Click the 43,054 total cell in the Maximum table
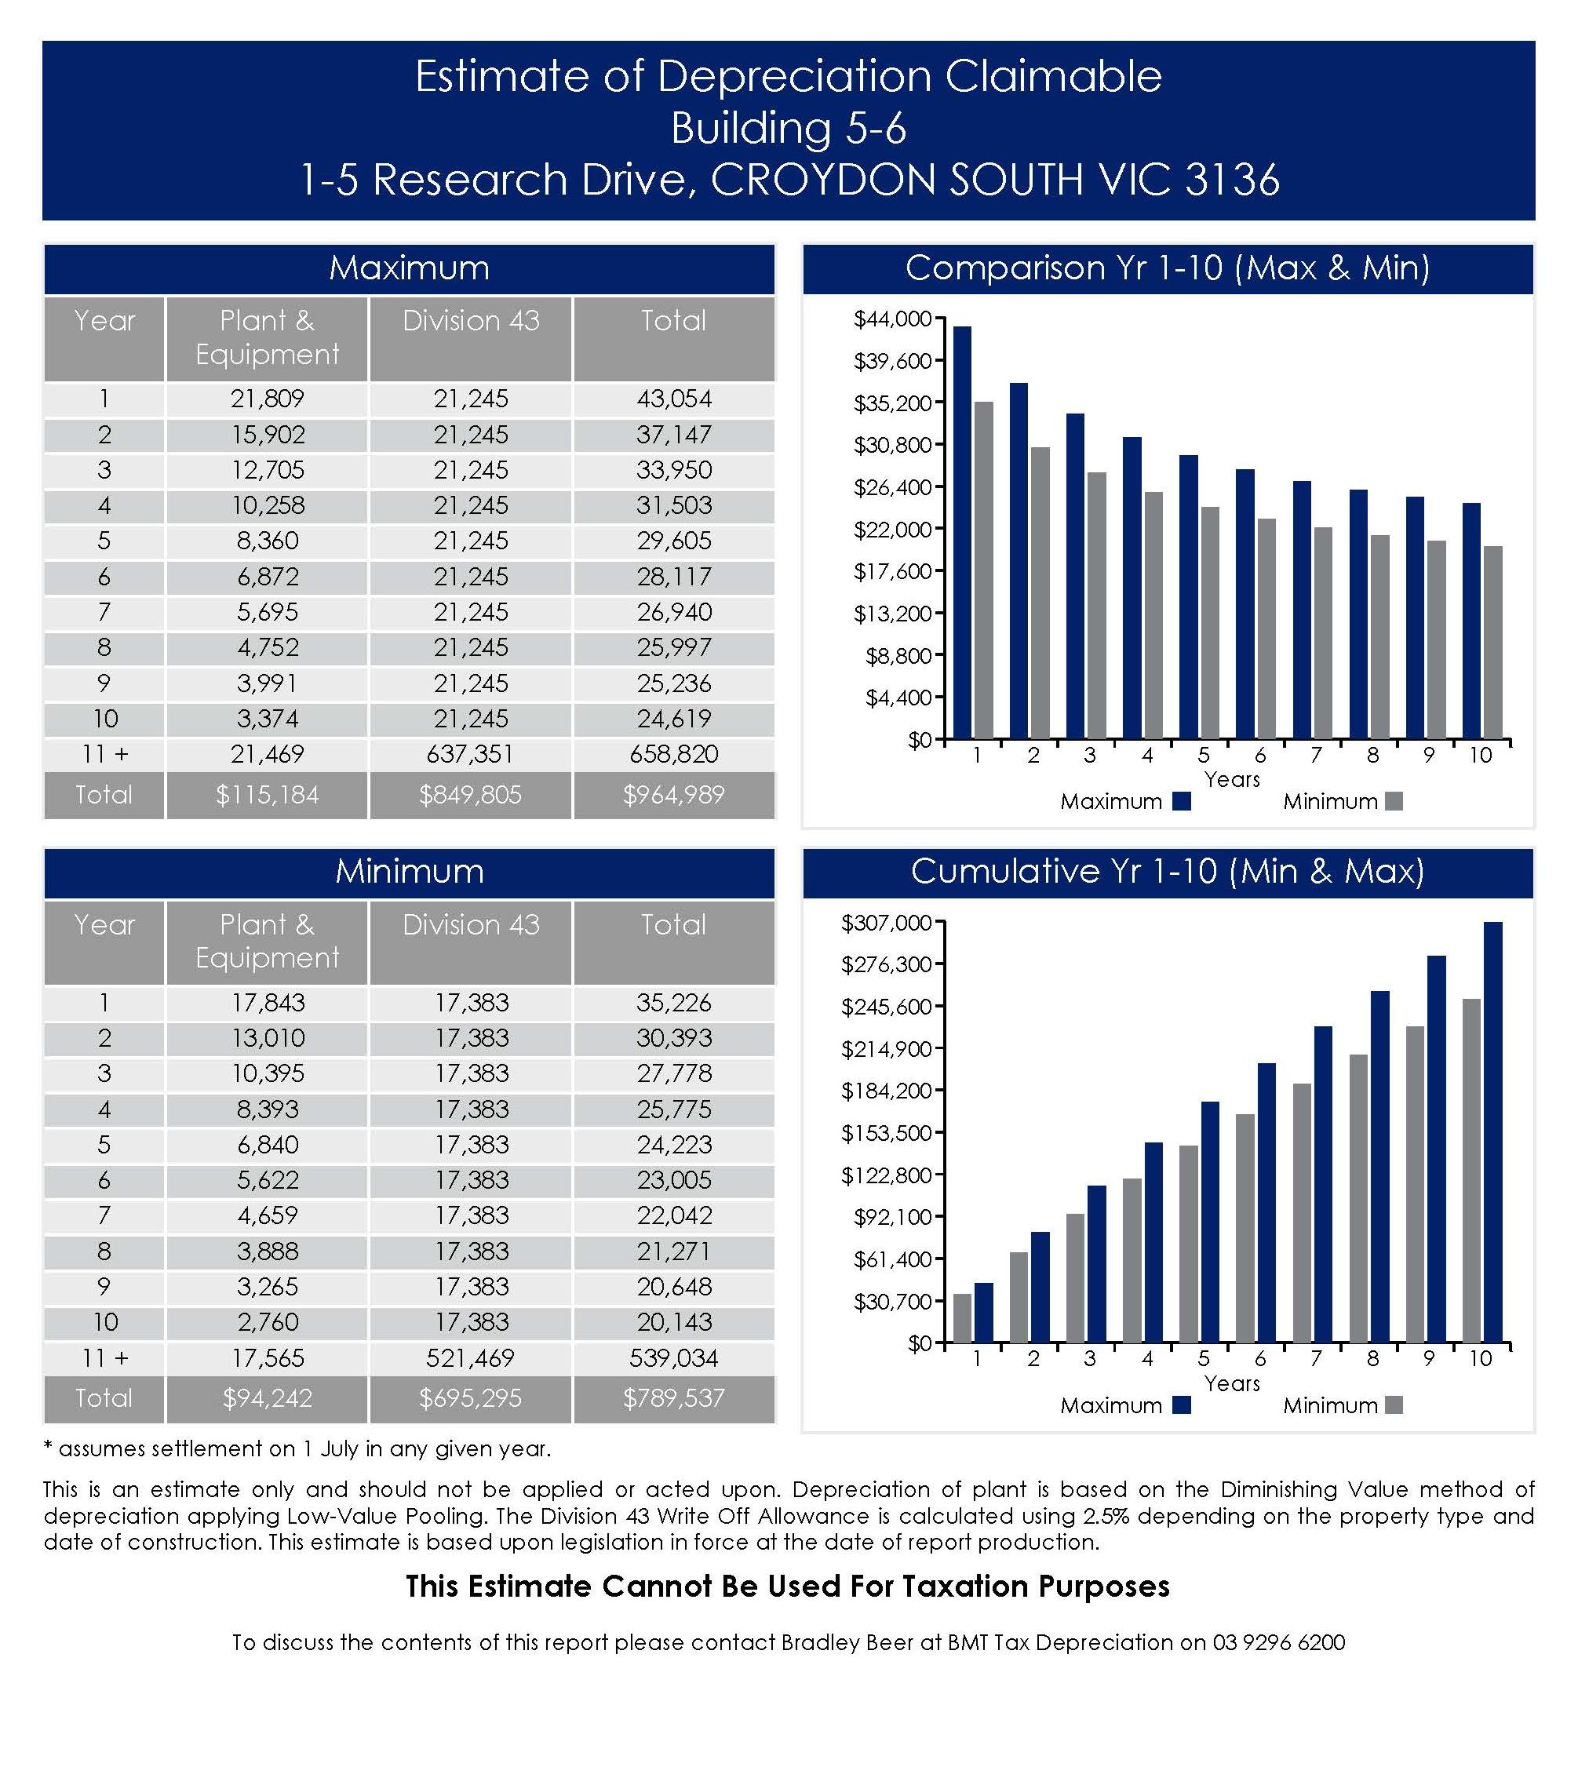point(674,399)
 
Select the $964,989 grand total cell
point(674,794)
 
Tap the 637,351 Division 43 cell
point(470,753)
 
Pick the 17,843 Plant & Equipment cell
point(267,1002)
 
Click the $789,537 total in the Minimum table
point(674,1397)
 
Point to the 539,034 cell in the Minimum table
point(674,1357)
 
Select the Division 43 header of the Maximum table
point(470,321)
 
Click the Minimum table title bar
point(410,872)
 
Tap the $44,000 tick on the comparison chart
point(892,319)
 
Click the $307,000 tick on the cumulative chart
point(886,923)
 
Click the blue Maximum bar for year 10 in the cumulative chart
point(1493,1131)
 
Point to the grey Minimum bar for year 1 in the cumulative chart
point(962,1318)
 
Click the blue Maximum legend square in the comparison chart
point(1182,801)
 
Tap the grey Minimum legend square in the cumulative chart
point(1394,1405)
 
